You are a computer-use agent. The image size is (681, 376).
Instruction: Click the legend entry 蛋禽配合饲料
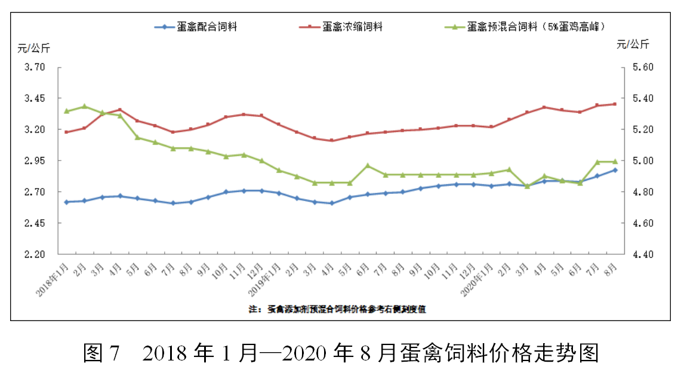point(205,27)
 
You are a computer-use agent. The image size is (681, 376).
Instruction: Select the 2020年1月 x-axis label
point(477,281)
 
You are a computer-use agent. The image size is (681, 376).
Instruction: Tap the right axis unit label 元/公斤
point(633,44)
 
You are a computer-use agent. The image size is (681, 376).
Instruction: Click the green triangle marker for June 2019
point(368,165)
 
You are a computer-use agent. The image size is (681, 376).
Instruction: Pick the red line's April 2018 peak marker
point(120,110)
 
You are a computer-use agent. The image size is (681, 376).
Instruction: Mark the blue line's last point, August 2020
point(615,170)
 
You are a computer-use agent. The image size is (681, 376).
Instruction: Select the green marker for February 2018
point(85,106)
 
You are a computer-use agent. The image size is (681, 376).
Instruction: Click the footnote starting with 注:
point(337,309)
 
